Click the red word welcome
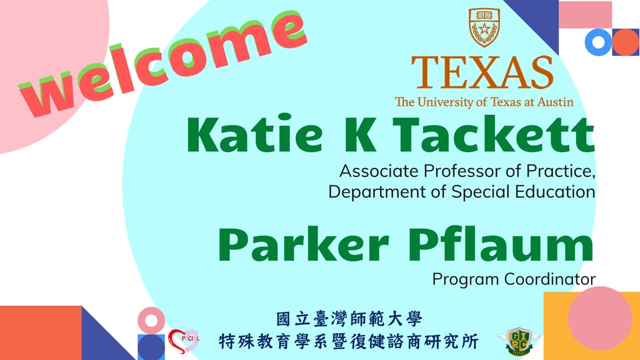(x=162, y=62)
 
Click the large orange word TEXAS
(x=482, y=72)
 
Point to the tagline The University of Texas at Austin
(x=484, y=102)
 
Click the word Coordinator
(x=549, y=278)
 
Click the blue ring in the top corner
(x=598, y=42)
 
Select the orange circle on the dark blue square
(x=625, y=42)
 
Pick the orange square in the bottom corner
(x=40, y=332)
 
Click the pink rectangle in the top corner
(x=585, y=14)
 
